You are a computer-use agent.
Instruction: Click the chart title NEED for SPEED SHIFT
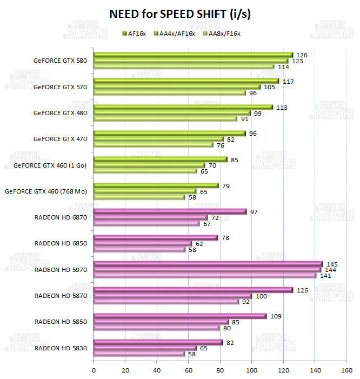[x=180, y=14]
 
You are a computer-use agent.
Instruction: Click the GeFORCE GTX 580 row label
[x=60, y=61]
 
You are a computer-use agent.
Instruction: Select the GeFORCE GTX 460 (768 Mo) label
[x=46, y=191]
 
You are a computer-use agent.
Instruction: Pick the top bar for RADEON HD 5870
[x=189, y=290]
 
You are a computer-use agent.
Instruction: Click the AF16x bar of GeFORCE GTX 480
[x=184, y=107]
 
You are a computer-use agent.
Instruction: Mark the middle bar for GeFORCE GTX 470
[x=159, y=139]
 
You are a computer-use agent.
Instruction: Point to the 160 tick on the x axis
[x=346, y=370]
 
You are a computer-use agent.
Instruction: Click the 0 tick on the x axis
[x=94, y=370]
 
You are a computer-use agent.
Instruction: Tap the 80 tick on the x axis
[x=220, y=370]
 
